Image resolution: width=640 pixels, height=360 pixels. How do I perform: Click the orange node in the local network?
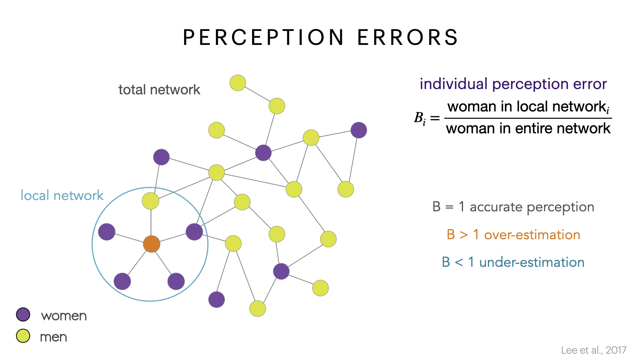coord(152,244)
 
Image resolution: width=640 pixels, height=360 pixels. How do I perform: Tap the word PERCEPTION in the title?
coord(263,37)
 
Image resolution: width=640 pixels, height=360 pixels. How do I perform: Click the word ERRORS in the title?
coord(408,37)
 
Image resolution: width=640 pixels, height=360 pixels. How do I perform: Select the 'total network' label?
coord(159,90)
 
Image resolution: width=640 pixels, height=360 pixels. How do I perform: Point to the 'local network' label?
coord(62,195)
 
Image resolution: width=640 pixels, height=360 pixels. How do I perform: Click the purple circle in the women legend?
coord(23,314)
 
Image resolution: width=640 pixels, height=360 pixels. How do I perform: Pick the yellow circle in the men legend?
coord(23,335)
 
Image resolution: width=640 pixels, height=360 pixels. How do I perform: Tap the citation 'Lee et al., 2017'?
coord(594,350)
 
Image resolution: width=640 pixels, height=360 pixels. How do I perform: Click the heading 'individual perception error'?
coord(513,84)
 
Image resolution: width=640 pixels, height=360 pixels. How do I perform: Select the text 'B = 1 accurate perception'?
coord(513,207)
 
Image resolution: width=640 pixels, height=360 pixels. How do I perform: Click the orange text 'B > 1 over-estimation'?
coord(513,235)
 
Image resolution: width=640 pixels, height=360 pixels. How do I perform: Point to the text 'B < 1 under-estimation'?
coord(513,262)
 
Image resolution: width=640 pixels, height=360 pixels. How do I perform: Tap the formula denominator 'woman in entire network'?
coord(528,129)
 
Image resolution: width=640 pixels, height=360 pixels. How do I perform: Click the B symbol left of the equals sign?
coord(419,118)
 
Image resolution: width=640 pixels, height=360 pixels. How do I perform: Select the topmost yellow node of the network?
coord(238,83)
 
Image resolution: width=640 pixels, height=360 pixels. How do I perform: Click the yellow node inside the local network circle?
coord(151,201)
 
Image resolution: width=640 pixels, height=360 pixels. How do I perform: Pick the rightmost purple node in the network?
coord(358,130)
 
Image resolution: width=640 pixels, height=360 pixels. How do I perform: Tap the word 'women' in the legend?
coord(64,316)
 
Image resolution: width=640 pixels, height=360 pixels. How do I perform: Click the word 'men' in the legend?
coord(54,337)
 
